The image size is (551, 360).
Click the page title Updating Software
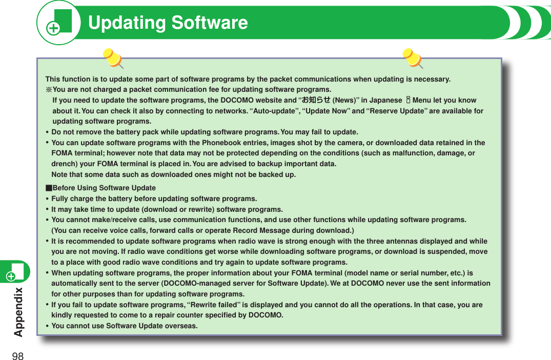[168, 23]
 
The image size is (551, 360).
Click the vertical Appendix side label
[19, 312]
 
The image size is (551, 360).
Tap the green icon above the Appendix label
[15, 272]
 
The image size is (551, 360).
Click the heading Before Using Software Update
[104, 188]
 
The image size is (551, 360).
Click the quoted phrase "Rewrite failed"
[216, 305]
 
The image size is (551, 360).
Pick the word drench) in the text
[65, 164]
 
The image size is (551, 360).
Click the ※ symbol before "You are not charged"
[49, 89]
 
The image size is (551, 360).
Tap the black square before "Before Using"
[49, 188]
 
